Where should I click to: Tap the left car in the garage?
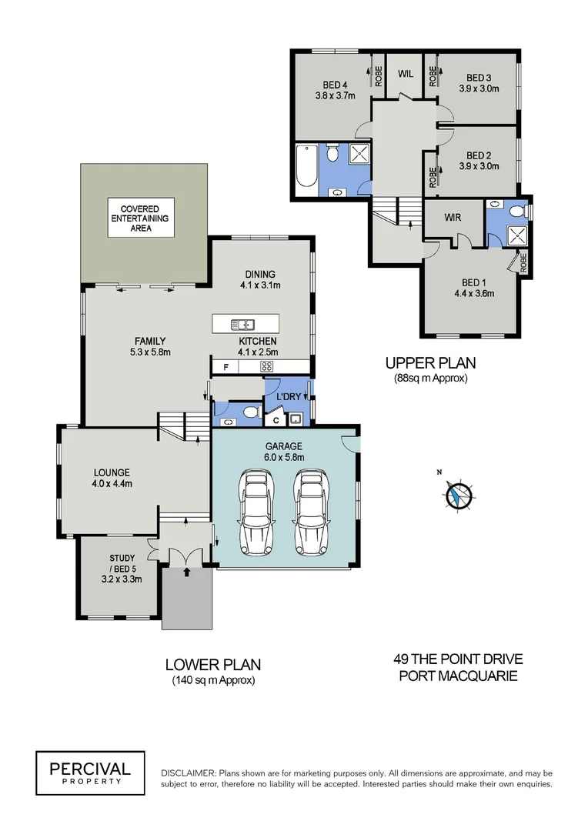[256, 512]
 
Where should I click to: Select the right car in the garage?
[310, 512]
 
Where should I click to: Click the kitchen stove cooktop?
[268, 367]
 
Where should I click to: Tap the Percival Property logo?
[90, 773]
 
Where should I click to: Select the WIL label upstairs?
[406, 74]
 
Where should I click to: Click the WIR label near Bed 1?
[453, 218]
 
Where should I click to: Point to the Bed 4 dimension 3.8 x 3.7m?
[334, 96]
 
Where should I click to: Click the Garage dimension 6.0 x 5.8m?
[285, 457]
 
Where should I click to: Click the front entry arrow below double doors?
[185, 572]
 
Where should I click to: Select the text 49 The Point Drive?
[458, 659]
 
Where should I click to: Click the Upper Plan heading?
[430, 362]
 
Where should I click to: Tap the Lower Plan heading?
[213, 664]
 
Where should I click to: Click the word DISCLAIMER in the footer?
[189, 773]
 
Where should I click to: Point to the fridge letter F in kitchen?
[226, 367]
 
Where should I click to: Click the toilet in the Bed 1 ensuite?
[516, 209]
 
